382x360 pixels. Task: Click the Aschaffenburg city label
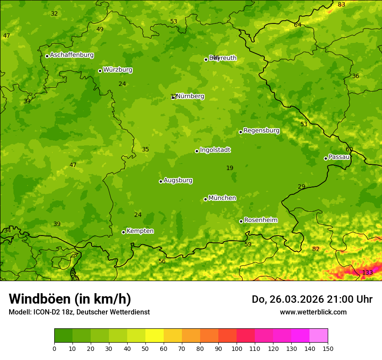coord(72,55)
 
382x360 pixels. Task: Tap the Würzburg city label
coord(118,70)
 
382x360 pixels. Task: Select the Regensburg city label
coord(261,131)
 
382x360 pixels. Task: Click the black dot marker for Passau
coord(326,158)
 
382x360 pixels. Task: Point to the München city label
coord(222,198)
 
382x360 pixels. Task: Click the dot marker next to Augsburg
coord(161,181)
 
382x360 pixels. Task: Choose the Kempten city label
coord(140,231)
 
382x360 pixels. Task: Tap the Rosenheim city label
coord(260,220)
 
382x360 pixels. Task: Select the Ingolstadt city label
coord(215,150)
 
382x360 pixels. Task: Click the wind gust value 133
coord(367,272)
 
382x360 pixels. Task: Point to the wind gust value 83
coord(342,4)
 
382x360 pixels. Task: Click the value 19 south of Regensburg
coord(230,168)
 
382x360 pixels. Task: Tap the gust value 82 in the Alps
coord(316,249)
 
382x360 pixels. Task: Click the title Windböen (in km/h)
coord(69,299)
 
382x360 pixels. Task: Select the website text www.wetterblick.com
coord(313,312)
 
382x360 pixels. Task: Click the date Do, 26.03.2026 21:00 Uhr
coord(312,299)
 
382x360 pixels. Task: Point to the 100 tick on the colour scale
coord(237,348)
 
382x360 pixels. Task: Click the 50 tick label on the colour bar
coord(145,348)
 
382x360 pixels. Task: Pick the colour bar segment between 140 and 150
coord(319,336)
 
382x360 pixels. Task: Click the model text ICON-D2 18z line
coord(79,312)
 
